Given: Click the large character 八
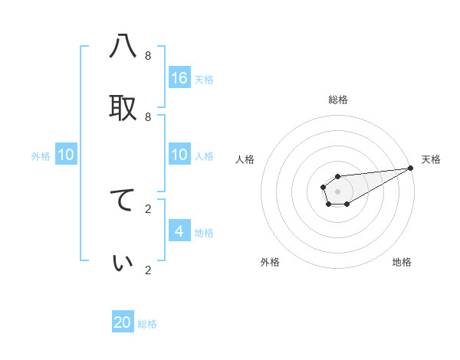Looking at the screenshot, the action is (x=123, y=47).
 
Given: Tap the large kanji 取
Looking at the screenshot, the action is (x=123, y=108).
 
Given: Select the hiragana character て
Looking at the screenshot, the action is (x=123, y=200).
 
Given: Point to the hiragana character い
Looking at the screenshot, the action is (x=123, y=262).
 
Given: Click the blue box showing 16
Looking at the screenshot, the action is (x=179, y=78).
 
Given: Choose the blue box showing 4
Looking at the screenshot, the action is (x=179, y=231).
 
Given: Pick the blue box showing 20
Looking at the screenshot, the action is (x=123, y=322).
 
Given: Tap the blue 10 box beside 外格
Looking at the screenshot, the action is (x=66, y=155).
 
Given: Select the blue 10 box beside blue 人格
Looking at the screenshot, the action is (x=179, y=155).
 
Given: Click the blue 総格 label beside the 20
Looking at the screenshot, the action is (x=147, y=324).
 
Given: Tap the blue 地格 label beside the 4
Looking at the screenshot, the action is (x=204, y=233).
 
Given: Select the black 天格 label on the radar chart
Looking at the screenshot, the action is (x=431, y=159).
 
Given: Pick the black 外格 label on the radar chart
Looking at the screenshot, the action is (x=270, y=262).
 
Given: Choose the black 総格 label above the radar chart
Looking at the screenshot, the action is (x=338, y=100).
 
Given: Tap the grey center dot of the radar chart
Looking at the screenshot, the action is (x=337, y=190).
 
